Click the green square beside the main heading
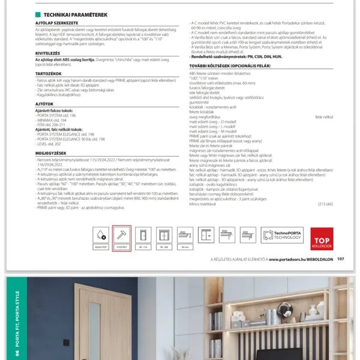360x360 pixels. [x=38, y=14]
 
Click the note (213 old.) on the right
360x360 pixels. [x=326, y=204]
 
